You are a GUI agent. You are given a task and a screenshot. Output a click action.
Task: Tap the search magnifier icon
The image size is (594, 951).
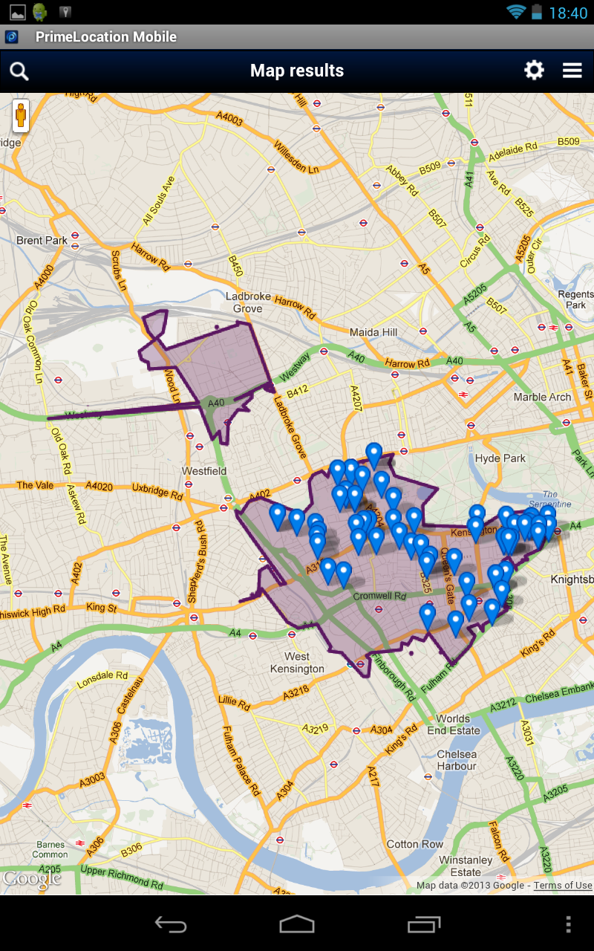tap(19, 71)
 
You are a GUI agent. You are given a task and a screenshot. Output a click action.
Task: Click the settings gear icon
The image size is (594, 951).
tap(534, 71)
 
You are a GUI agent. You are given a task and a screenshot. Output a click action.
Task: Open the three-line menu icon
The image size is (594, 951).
tap(572, 71)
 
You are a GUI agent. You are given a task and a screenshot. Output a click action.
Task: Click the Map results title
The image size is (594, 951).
tap(297, 71)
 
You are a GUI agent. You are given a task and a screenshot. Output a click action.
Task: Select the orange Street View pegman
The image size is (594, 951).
tap(21, 116)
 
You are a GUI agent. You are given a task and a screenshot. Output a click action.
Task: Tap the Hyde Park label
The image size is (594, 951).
tap(500, 458)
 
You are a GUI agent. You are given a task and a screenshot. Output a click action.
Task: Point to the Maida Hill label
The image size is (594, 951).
tap(373, 332)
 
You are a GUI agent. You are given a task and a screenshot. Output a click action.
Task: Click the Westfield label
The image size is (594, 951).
tap(204, 471)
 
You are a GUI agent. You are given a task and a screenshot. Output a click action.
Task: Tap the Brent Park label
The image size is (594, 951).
tap(42, 240)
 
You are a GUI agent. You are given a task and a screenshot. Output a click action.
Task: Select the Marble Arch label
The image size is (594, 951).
tap(542, 397)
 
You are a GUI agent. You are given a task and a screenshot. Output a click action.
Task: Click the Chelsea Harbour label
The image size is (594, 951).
tap(457, 760)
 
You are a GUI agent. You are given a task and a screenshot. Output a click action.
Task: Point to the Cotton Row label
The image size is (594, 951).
tap(415, 844)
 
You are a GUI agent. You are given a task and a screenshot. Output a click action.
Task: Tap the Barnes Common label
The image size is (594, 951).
tap(50, 849)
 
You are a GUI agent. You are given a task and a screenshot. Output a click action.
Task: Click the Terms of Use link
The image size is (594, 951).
tap(563, 885)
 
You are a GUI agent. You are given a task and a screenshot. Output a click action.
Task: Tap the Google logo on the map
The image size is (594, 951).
tap(31, 879)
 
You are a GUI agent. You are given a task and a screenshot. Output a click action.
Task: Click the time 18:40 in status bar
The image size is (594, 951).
tap(568, 13)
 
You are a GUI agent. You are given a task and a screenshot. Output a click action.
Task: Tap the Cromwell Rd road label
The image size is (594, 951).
tap(379, 596)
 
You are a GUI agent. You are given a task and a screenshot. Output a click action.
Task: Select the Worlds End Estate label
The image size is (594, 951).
tap(453, 724)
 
